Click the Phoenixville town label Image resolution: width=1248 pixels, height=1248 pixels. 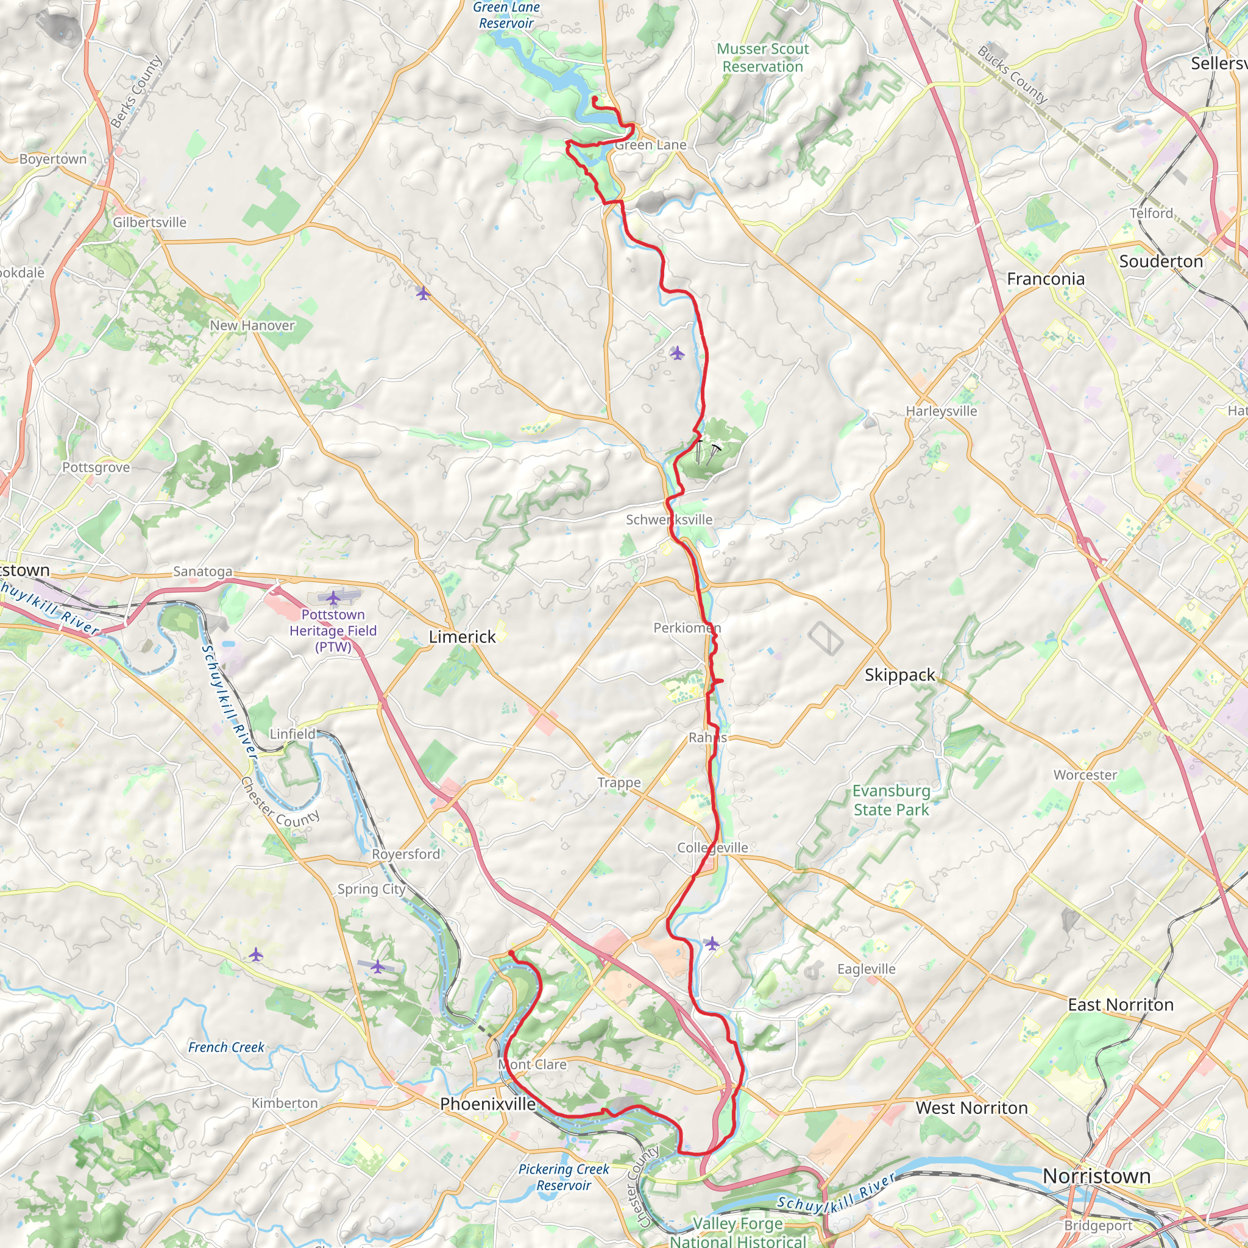click(x=487, y=1104)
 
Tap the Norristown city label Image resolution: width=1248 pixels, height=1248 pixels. click(x=1096, y=1175)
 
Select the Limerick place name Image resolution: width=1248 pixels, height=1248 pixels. click(x=462, y=636)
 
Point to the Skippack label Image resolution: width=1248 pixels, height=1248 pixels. click(x=899, y=675)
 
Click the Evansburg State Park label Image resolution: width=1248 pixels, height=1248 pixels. click(x=891, y=800)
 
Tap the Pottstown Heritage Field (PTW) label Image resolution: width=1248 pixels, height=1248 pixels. click(x=333, y=631)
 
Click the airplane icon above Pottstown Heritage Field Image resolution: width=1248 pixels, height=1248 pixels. click(x=333, y=598)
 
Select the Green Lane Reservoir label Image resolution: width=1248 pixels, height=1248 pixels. click(x=506, y=15)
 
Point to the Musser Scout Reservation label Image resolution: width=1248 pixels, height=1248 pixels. click(x=762, y=57)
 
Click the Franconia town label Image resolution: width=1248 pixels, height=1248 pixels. click(x=1045, y=278)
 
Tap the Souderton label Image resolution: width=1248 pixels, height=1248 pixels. click(x=1161, y=261)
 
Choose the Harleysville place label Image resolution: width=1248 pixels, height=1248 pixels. click(x=941, y=411)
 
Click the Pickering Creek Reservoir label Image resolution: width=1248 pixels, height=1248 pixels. click(x=563, y=1177)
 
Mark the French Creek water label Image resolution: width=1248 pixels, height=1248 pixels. click(x=226, y=1047)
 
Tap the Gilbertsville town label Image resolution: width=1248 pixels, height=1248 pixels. click(x=149, y=222)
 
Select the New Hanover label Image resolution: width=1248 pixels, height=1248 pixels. click(x=252, y=325)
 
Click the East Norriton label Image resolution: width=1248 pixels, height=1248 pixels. click(x=1120, y=1004)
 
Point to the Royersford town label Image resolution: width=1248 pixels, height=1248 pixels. click(x=406, y=854)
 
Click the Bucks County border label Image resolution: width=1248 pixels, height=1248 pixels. click(x=1012, y=74)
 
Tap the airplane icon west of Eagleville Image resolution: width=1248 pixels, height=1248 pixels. click(x=712, y=944)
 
